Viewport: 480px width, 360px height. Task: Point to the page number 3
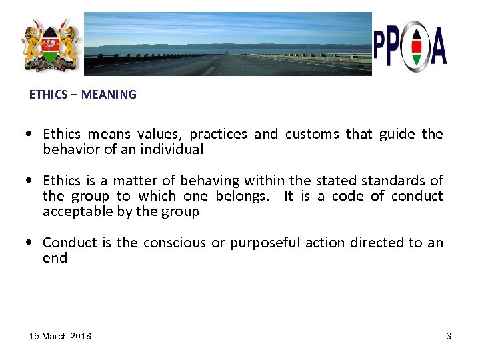(x=449, y=336)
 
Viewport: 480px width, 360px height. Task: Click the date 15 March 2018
(x=60, y=336)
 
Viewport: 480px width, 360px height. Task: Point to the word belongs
(x=241, y=196)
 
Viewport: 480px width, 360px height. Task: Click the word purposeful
(x=266, y=243)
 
